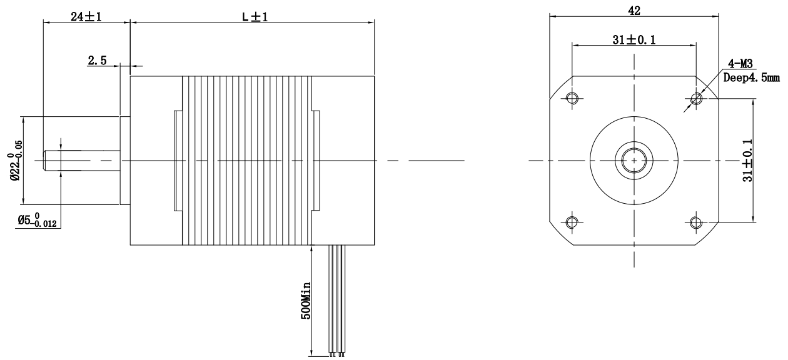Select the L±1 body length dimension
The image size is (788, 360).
(x=251, y=17)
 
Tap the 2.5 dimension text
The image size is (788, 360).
(x=98, y=61)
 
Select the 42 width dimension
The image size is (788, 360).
(x=634, y=11)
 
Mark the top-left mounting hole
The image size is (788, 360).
(x=572, y=98)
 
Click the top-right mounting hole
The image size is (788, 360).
(x=695, y=98)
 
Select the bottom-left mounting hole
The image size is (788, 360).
(x=572, y=222)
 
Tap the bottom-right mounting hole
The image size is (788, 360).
(x=695, y=222)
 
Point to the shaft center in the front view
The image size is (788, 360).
(x=634, y=160)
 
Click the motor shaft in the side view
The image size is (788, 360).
(x=81, y=160)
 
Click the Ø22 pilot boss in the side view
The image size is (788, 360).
(x=124, y=160)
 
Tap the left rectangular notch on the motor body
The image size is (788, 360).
(x=178, y=160)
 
